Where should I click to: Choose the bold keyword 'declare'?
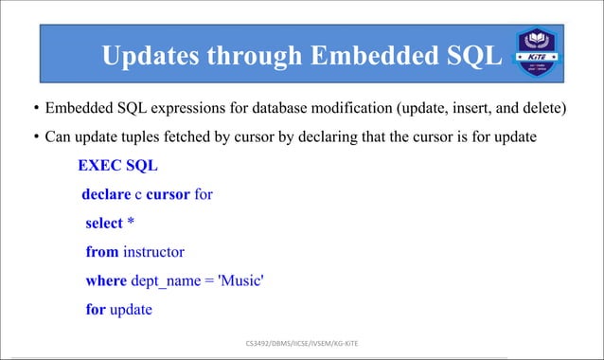[106, 195]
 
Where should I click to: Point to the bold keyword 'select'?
[104, 224]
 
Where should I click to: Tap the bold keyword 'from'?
[102, 253]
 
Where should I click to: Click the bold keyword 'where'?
[106, 281]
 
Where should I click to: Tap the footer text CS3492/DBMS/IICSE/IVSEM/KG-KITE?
[302, 341]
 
